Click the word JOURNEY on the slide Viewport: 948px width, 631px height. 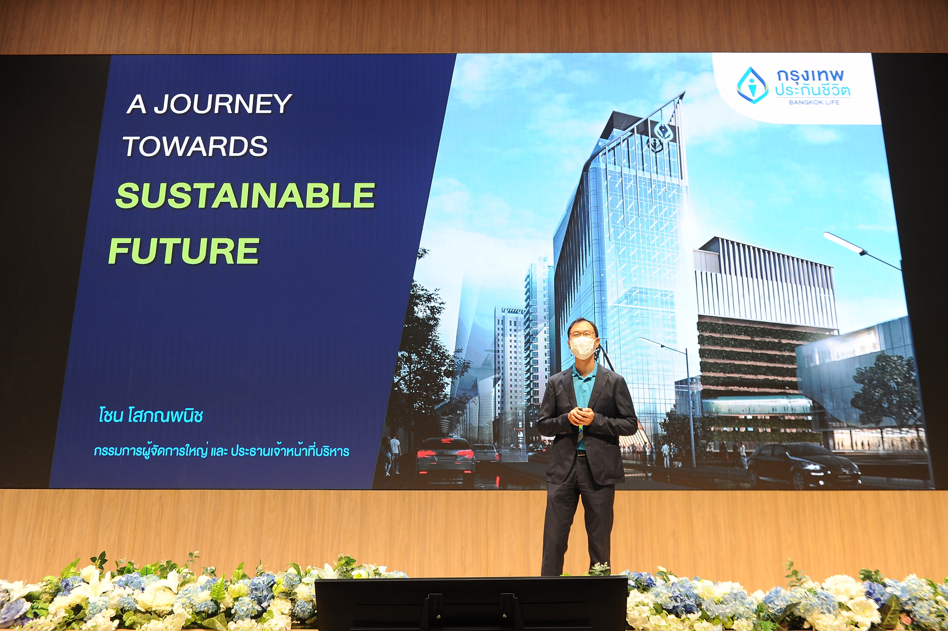[x=223, y=104]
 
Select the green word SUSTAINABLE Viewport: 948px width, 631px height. [x=245, y=195]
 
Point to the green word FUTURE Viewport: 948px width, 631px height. [x=184, y=251]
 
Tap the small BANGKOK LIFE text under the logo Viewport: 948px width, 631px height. [x=814, y=102]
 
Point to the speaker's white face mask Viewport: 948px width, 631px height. [x=582, y=348]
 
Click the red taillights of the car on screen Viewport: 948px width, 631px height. [x=445, y=454]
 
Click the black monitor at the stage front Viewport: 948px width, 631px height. [x=471, y=603]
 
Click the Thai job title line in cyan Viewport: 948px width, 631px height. [x=222, y=451]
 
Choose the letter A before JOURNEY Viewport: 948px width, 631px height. [x=136, y=104]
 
